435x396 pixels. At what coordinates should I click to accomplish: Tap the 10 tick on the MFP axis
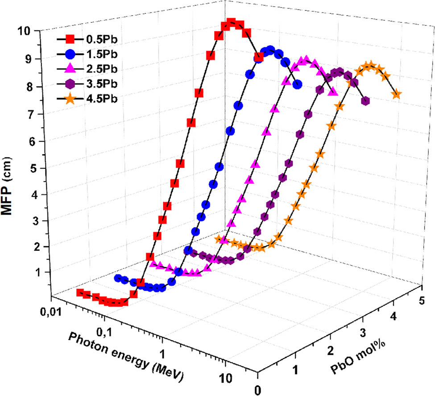coord(24,31)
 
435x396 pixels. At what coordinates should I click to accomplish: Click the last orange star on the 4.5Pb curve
coord(396,94)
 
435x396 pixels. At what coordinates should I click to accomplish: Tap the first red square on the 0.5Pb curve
coord(80,293)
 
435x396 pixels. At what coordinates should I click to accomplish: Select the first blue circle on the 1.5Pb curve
coord(118,278)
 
